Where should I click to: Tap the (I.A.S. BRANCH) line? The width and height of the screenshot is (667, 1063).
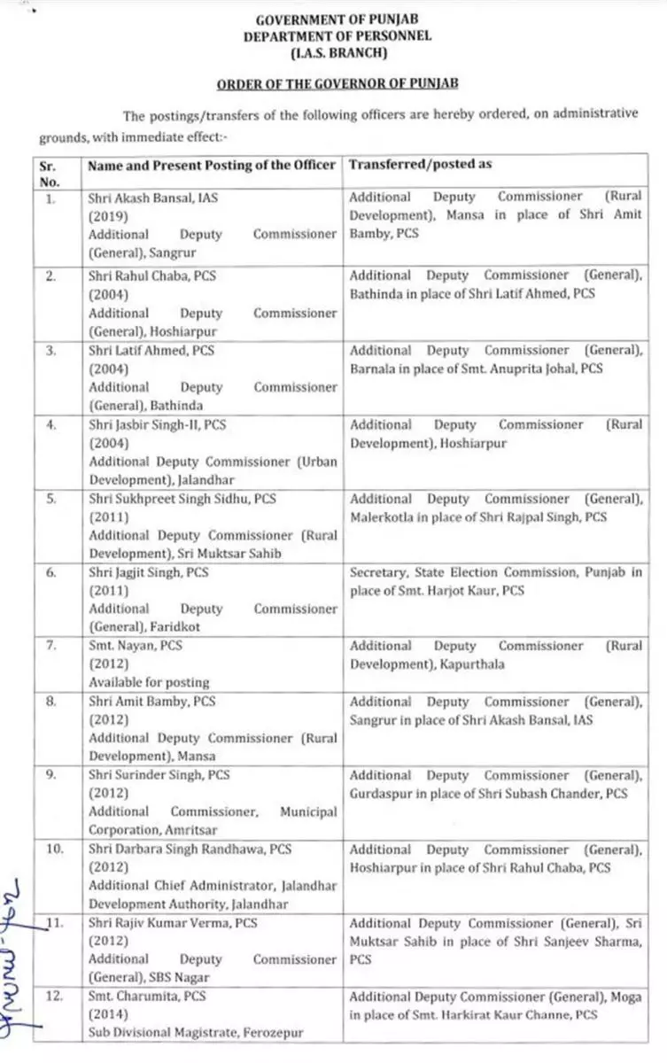click(x=342, y=53)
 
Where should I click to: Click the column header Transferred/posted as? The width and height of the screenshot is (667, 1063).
click(x=421, y=165)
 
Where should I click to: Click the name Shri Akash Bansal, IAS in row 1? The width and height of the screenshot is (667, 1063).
click(x=153, y=198)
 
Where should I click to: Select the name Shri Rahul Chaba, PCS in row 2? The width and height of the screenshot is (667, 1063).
click(x=152, y=275)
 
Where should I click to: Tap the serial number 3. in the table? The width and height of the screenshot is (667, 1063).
click(x=50, y=350)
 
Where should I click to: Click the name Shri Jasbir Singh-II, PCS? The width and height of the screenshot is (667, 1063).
click(x=157, y=424)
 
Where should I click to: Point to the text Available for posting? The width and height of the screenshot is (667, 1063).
click(x=149, y=682)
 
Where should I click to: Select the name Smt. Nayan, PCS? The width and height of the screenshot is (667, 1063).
click(x=136, y=646)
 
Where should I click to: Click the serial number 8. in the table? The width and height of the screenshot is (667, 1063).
click(x=50, y=701)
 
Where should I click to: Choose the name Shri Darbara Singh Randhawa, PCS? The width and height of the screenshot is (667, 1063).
click(x=190, y=849)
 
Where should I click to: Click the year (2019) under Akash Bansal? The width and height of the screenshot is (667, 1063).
click(x=106, y=216)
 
